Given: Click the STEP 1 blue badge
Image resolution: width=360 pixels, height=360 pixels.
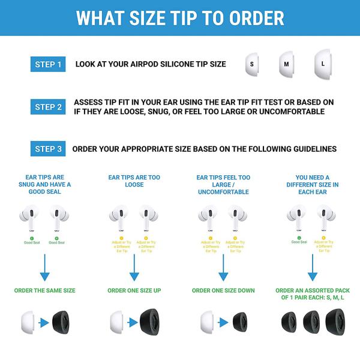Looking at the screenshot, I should (x=47, y=64).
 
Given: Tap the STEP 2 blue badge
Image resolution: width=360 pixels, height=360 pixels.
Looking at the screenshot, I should (x=47, y=107).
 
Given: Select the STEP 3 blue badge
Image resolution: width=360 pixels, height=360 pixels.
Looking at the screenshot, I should (x=47, y=149).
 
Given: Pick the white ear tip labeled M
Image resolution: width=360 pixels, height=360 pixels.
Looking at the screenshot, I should (x=287, y=64).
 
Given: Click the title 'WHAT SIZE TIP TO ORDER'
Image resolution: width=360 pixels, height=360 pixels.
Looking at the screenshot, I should (x=180, y=18).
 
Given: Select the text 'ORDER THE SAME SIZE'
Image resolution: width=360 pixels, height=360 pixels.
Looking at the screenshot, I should (x=45, y=290).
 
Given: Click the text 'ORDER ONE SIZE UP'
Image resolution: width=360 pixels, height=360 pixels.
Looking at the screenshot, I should (x=134, y=290).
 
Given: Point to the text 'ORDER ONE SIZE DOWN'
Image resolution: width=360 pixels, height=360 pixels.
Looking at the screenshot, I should (x=223, y=290).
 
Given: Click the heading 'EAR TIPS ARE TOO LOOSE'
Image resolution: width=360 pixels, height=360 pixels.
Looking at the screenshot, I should (x=134, y=181).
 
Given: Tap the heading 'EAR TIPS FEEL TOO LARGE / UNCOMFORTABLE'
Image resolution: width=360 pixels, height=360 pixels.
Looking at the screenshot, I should (x=223, y=184).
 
